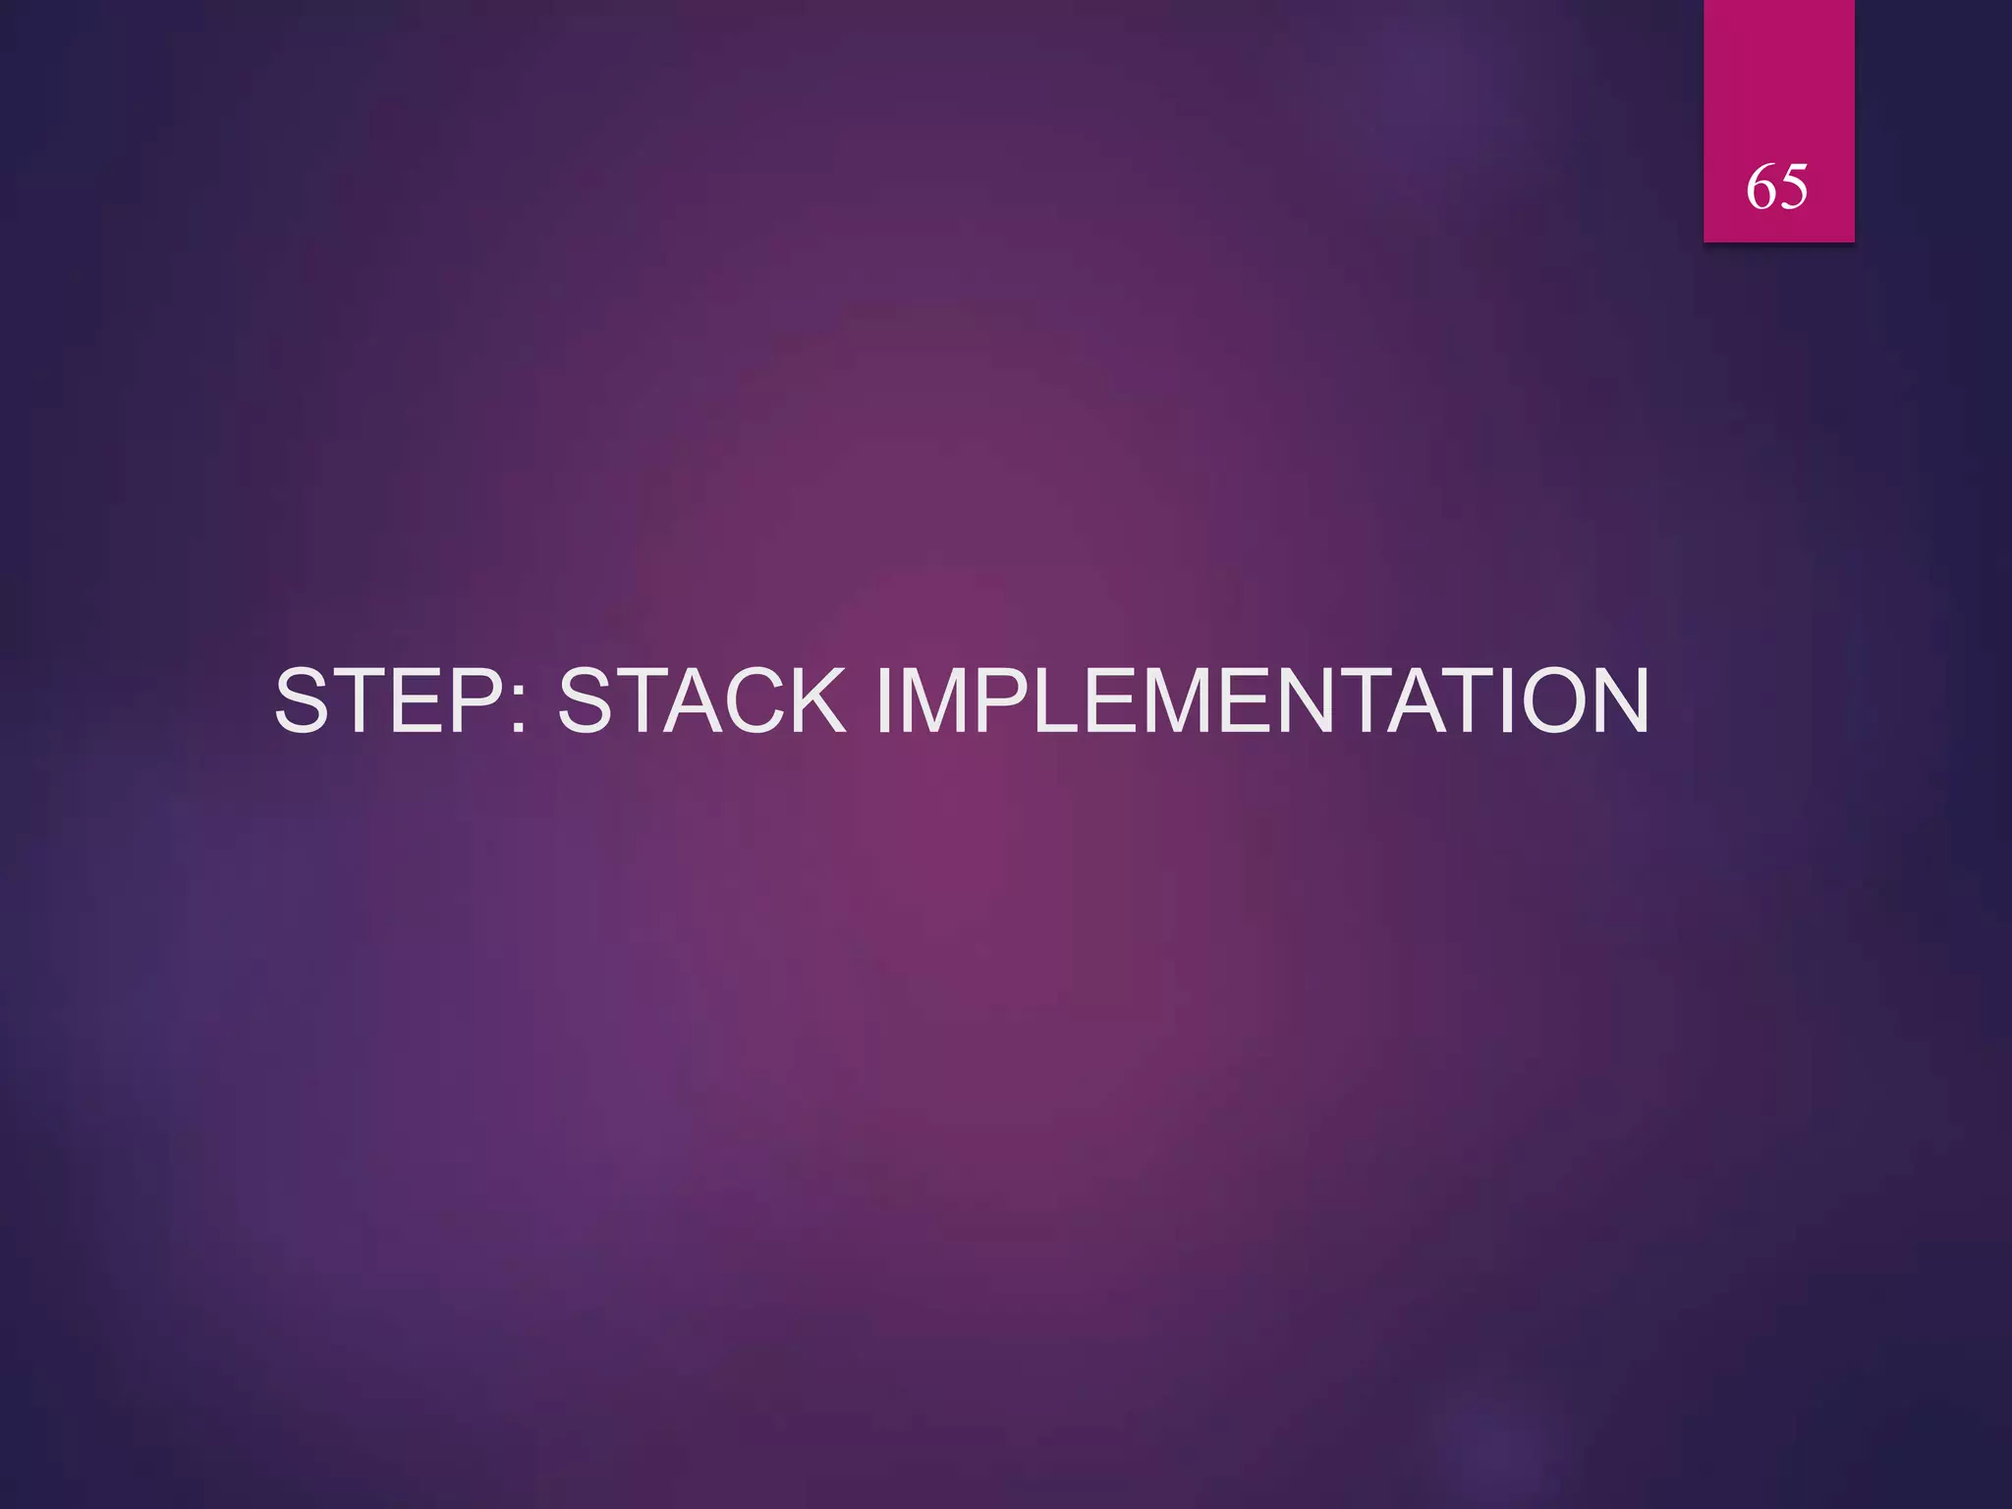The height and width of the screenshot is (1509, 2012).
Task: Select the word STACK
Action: pos(701,700)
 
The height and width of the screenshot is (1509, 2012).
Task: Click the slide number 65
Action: pos(1776,186)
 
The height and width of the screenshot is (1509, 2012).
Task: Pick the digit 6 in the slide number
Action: pos(1761,186)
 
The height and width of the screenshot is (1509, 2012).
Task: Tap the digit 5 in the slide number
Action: pos(1793,186)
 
